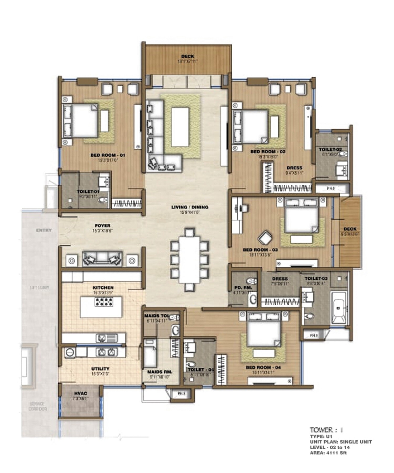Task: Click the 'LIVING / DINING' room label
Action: [x=189, y=207]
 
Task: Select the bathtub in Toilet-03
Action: [x=339, y=307]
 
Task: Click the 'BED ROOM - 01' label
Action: [x=108, y=155]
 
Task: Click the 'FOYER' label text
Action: [x=102, y=225]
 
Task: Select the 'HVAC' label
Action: [x=80, y=393]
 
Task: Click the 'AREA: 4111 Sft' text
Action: [x=328, y=453]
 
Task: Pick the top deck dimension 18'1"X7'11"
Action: [x=188, y=61]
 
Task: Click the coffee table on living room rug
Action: [x=180, y=127]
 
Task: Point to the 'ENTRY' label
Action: [x=44, y=230]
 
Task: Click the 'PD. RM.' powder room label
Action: [x=243, y=288]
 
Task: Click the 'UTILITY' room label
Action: [x=100, y=369]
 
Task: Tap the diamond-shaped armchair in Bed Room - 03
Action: [x=265, y=238]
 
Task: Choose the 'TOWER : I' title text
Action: [x=326, y=430]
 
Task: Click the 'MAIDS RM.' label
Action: [x=160, y=372]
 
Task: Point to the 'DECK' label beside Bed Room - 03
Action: [x=350, y=229]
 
